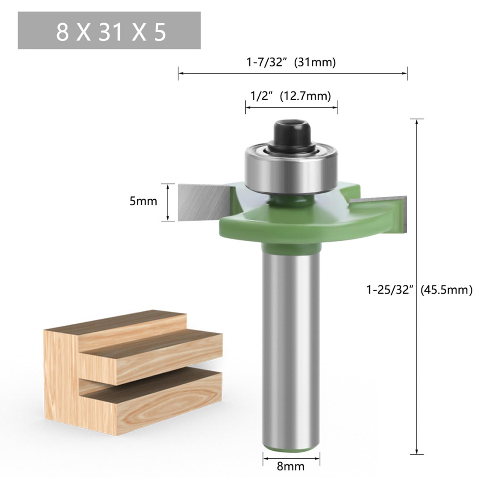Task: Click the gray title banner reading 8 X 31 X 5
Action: click(109, 31)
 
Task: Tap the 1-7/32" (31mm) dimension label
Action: click(291, 63)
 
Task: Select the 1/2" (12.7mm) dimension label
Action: click(290, 96)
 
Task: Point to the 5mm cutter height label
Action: click(143, 201)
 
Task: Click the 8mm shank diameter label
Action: click(290, 466)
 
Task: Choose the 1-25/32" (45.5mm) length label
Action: click(419, 290)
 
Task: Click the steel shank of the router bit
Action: click(290, 344)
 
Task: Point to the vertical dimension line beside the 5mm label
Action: click(168, 202)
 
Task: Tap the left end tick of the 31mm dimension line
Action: click(178, 73)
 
